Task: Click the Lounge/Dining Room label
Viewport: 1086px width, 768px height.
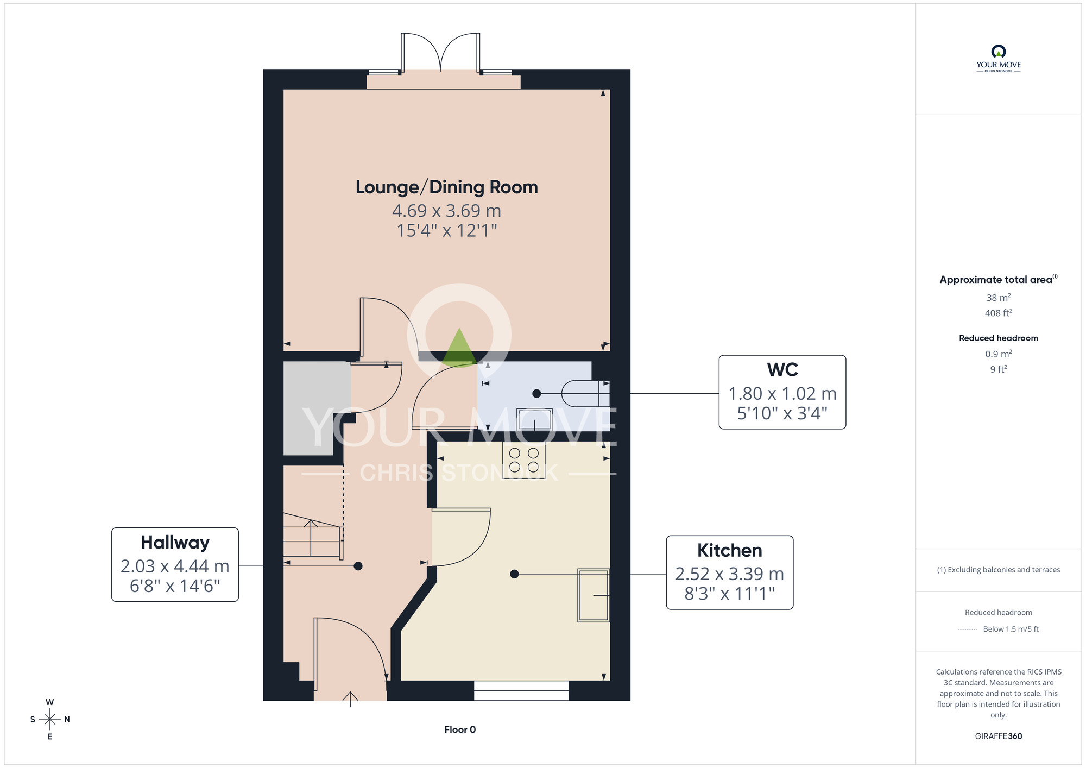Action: pyautogui.click(x=446, y=187)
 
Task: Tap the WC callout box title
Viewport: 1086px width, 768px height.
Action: pyautogui.click(x=782, y=370)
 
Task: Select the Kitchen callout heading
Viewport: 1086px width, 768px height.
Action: pyautogui.click(x=729, y=550)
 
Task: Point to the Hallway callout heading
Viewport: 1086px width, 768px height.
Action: pyautogui.click(x=175, y=543)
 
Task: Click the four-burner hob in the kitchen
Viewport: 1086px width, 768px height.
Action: pyautogui.click(x=524, y=460)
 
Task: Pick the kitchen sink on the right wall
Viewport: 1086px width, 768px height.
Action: pyautogui.click(x=593, y=595)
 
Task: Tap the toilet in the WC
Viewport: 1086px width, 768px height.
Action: pyautogui.click(x=585, y=393)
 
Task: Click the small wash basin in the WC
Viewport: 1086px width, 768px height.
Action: pyautogui.click(x=534, y=419)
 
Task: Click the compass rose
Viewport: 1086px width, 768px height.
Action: pyautogui.click(x=50, y=720)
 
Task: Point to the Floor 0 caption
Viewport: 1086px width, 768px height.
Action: pyautogui.click(x=460, y=729)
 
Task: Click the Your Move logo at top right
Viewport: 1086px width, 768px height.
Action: pyautogui.click(x=999, y=59)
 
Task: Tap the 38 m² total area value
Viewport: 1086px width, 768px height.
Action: pyautogui.click(x=999, y=298)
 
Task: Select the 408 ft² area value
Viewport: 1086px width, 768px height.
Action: pyautogui.click(x=999, y=313)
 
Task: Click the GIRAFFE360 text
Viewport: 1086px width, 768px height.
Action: pyautogui.click(x=999, y=736)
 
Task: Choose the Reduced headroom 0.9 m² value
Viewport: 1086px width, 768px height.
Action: pyautogui.click(x=999, y=354)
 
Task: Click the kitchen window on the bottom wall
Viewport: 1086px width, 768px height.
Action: pyautogui.click(x=521, y=690)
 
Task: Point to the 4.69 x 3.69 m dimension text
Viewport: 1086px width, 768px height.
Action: pyautogui.click(x=446, y=211)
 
